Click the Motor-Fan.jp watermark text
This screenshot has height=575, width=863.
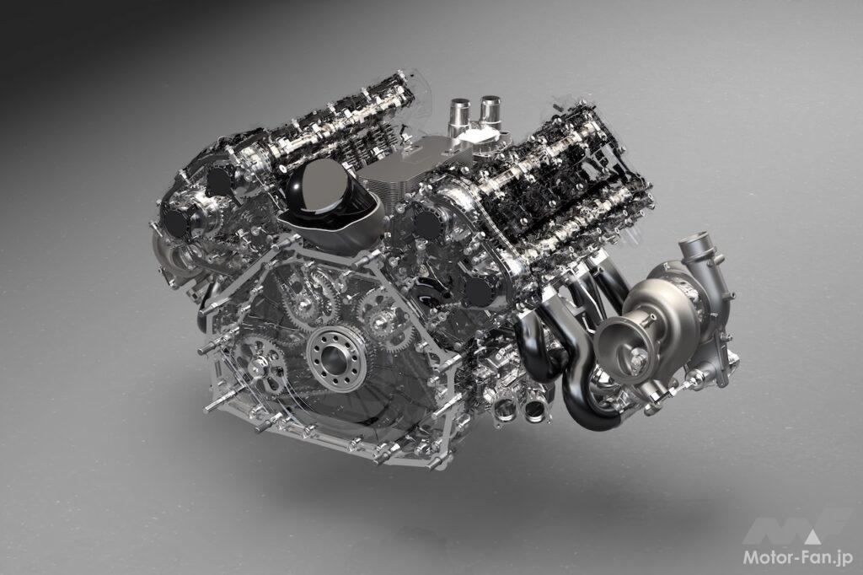coord(798,558)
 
